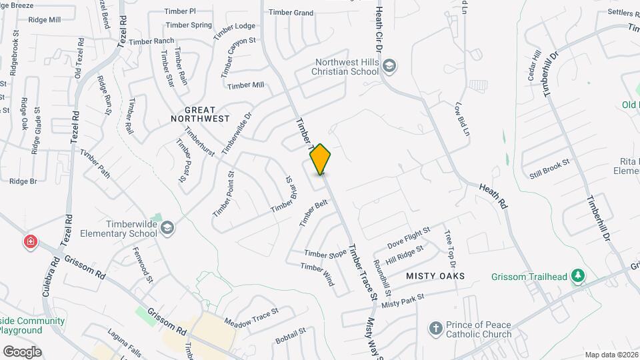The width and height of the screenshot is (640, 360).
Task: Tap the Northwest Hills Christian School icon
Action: (x=390, y=65)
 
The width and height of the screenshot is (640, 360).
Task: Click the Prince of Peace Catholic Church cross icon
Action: (x=435, y=329)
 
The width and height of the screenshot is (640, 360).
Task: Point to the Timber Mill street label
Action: (x=245, y=85)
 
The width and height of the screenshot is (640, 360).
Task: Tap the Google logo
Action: (x=22, y=351)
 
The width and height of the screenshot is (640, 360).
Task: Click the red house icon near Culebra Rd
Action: (x=30, y=241)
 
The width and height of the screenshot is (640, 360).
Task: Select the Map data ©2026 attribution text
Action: (x=611, y=355)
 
